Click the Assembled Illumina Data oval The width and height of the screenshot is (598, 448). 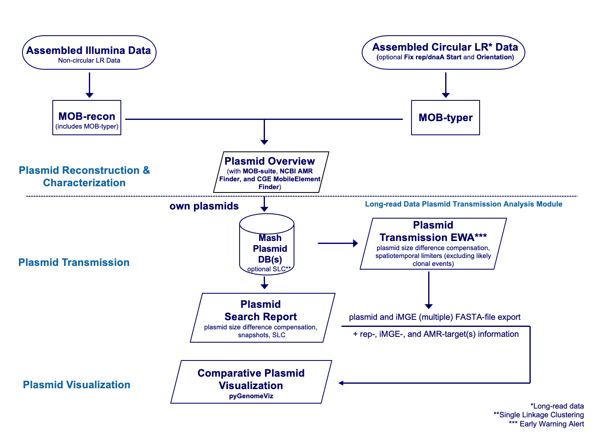pyautogui.click(x=89, y=53)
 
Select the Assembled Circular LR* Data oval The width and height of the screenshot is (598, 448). pyautogui.click(x=444, y=52)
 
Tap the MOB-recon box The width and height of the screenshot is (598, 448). pyautogui.click(x=87, y=118)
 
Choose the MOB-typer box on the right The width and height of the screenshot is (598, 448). pyautogui.click(x=445, y=118)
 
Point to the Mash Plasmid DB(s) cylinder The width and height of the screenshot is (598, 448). pyautogui.click(x=267, y=245)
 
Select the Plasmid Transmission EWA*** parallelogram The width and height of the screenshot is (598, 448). pyautogui.click(x=433, y=244)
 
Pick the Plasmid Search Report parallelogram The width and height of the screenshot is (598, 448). pyautogui.click(x=262, y=318)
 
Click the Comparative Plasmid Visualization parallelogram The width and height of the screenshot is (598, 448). pyautogui.click(x=251, y=382)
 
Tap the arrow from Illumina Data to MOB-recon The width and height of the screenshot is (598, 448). pyautogui.click(x=89, y=85)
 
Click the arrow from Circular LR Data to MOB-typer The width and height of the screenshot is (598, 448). pyautogui.click(x=446, y=85)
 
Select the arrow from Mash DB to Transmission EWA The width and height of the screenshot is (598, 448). pyautogui.click(x=337, y=243)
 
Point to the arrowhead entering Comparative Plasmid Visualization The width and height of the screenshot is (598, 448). pyautogui.click(x=341, y=383)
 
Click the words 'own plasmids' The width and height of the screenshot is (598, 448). pyautogui.click(x=204, y=206)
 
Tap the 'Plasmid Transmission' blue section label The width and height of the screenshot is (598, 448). pyautogui.click(x=74, y=263)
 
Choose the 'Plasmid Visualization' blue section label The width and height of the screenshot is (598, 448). pyautogui.click(x=76, y=385)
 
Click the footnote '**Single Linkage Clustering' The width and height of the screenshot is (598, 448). pyautogui.click(x=538, y=415)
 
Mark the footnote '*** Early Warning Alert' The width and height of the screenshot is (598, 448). pyautogui.click(x=546, y=424)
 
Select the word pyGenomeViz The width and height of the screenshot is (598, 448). pyautogui.click(x=251, y=396)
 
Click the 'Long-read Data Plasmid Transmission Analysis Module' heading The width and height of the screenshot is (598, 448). pyautogui.click(x=463, y=204)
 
